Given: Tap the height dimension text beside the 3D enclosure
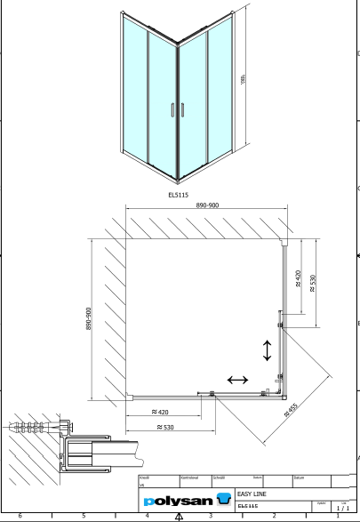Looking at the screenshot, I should pyautogui.click(x=244, y=80).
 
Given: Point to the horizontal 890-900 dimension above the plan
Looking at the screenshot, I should pyautogui.click(x=209, y=205).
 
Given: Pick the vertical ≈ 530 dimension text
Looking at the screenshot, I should pyautogui.click(x=312, y=284).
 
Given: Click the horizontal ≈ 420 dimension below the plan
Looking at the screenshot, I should pyautogui.click(x=161, y=412).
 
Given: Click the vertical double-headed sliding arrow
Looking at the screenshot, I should pyautogui.click(x=268, y=349).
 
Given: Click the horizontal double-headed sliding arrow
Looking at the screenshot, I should pyautogui.click(x=238, y=380).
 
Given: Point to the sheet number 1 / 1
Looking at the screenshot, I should pyautogui.click(x=343, y=508).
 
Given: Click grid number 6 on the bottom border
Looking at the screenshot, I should pyautogui.click(x=20, y=516).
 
